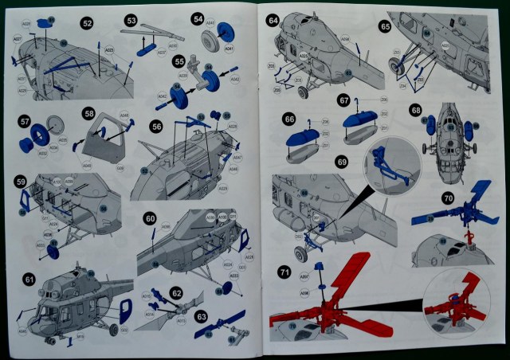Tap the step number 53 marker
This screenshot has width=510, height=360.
[x=131, y=19]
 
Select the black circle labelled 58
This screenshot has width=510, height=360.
[x=89, y=113]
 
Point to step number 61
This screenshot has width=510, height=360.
[x=29, y=279]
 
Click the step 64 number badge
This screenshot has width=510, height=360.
[x=273, y=19]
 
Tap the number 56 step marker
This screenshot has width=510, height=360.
[x=156, y=126]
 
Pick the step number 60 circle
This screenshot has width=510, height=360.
[x=151, y=217]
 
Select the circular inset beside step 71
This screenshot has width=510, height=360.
[x=457, y=303]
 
